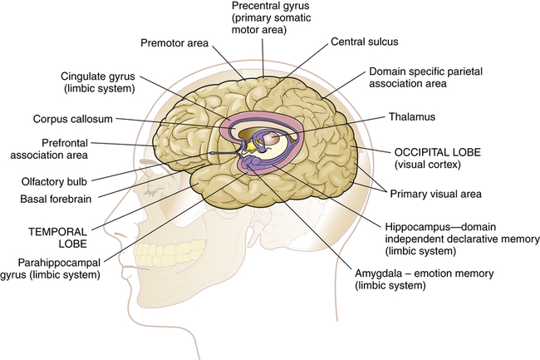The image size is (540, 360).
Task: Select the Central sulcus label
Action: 364,40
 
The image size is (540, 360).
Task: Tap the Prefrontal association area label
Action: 72,147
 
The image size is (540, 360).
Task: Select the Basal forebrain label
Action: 56,199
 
